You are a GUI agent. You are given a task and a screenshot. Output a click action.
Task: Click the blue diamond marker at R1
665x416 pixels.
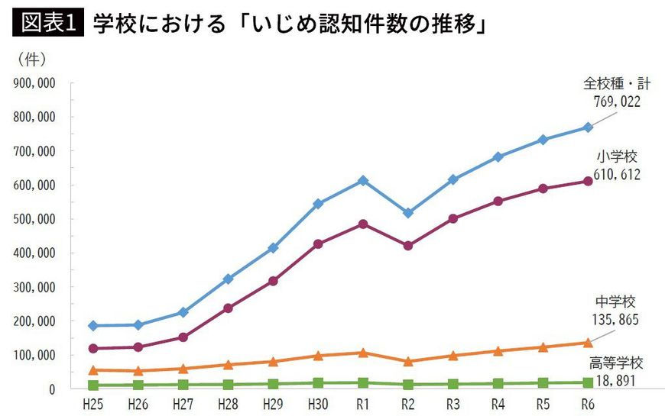pos(363,181)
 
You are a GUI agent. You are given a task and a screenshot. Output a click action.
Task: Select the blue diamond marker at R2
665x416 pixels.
pos(408,213)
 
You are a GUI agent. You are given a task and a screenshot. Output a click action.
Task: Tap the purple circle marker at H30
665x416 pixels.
pos(318,244)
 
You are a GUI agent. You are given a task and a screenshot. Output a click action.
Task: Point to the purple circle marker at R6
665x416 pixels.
pos(588,181)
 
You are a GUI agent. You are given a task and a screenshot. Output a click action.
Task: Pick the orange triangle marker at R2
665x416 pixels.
pos(408,361)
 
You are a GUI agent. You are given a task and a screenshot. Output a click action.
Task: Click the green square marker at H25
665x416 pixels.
pos(93,385)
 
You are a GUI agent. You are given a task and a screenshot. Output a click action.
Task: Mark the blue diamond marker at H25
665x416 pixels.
pos(93,326)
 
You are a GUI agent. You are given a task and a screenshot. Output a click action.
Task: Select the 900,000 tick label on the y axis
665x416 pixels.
pos(33,83)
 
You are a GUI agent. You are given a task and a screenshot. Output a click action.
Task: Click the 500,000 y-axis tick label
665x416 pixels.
pos(33,219)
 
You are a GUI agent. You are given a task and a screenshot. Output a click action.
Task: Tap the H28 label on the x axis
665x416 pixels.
pos(228,403)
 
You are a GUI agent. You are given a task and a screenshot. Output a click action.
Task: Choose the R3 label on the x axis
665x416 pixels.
pos(453,403)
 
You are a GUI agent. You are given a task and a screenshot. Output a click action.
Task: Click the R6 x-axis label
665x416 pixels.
pos(588,403)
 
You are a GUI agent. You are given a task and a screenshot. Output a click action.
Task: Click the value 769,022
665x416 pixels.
pos(616,100)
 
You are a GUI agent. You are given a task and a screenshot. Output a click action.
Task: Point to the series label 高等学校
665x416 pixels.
pos(617,363)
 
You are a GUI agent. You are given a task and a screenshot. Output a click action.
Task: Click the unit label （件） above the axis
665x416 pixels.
pos(31,60)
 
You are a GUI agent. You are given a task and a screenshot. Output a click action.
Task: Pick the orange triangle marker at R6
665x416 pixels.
pos(588,343)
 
